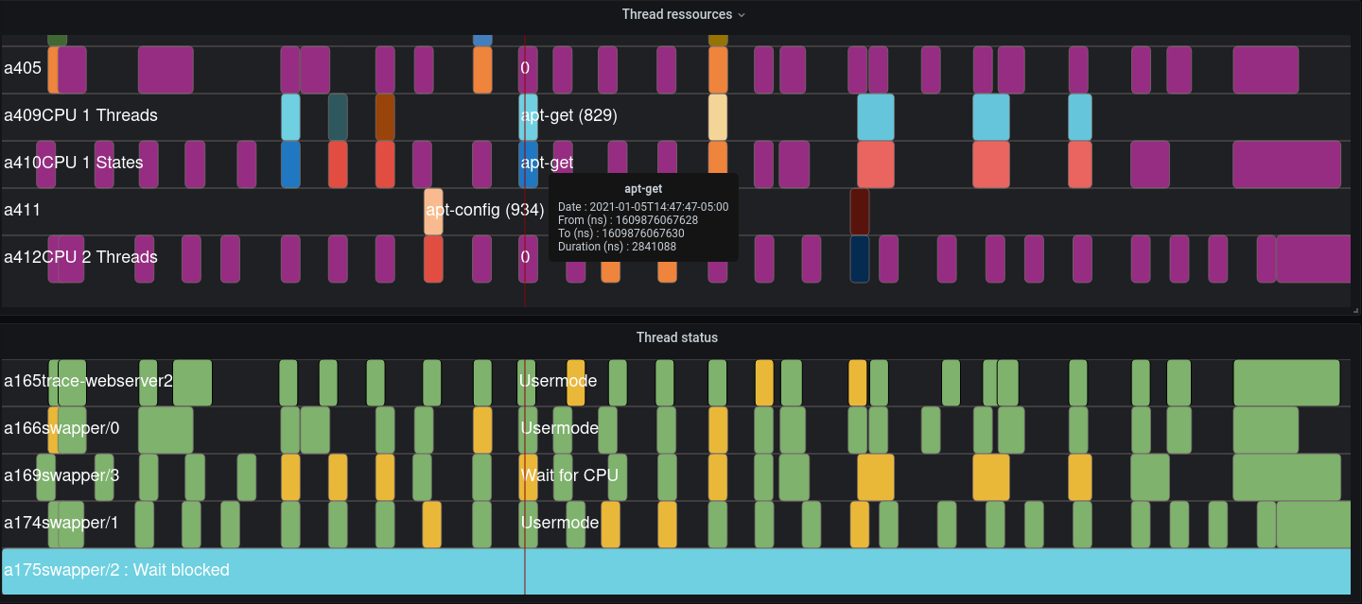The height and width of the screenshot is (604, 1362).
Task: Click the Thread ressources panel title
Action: coord(676,14)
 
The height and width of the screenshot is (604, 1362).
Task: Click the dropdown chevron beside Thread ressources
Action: coord(742,15)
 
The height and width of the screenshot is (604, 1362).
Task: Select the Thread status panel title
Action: coord(676,337)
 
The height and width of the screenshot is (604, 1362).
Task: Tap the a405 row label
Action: coord(23,68)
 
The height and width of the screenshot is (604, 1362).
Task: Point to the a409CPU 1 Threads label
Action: coord(80,115)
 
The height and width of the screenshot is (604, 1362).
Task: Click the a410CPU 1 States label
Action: coord(74,163)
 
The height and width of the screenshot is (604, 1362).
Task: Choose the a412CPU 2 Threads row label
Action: coord(80,257)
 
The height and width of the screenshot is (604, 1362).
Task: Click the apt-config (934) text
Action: coord(484,210)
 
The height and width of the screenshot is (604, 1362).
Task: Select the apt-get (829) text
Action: coord(568,115)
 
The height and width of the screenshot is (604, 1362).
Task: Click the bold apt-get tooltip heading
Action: coord(643,189)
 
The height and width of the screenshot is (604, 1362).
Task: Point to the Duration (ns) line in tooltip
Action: coord(617,247)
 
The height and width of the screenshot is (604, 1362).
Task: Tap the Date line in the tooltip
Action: coord(643,207)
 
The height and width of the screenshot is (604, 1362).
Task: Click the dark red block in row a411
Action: coord(859,211)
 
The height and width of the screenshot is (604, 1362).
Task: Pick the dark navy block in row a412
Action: coord(859,258)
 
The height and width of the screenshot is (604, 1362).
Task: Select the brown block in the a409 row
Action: coord(385,116)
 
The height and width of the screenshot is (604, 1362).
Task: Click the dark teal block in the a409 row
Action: coord(338,116)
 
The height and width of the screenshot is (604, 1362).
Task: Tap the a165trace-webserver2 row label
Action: coord(88,381)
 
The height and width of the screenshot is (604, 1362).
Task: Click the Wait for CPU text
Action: coord(569,475)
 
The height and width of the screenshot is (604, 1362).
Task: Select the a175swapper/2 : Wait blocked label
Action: coord(116,570)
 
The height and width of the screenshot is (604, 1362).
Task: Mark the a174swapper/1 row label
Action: coord(61,523)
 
